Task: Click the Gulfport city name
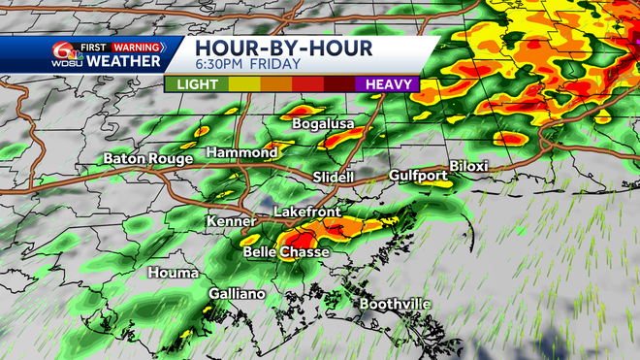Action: tap(417, 176)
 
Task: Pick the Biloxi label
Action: tap(468, 167)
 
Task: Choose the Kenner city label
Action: tap(230, 222)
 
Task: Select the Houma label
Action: tap(173, 274)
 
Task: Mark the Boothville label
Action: tap(395, 305)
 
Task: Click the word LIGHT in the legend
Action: tap(196, 84)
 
